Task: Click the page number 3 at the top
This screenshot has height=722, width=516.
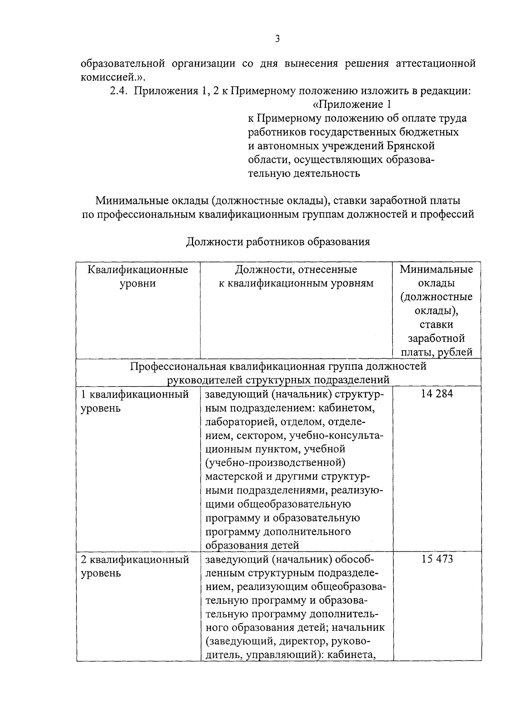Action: coord(277,39)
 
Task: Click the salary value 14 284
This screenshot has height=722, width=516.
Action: coord(437,394)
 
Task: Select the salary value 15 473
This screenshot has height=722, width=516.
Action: coord(437,559)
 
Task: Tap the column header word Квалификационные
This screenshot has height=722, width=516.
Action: coord(138,270)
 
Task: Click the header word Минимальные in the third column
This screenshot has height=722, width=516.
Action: coord(436,270)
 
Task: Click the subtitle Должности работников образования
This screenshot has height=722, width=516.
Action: coord(278,242)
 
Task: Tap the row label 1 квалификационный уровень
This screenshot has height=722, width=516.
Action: coord(135,401)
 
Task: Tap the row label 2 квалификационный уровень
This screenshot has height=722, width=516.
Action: coord(135,566)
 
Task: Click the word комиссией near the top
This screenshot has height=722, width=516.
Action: coord(110,77)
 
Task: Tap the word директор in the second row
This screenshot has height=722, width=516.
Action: coord(300,642)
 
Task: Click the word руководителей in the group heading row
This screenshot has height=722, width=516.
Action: coord(205,380)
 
